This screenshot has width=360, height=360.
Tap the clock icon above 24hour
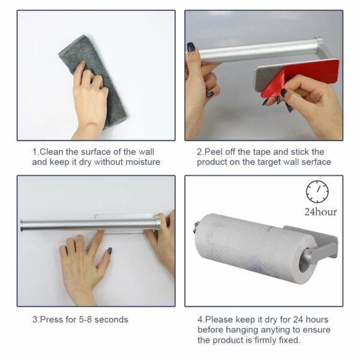point(317,192)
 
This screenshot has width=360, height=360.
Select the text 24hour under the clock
point(320,212)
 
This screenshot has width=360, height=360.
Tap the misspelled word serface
point(316,162)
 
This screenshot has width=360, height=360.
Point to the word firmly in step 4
point(265,340)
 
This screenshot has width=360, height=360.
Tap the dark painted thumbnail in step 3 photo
point(110,250)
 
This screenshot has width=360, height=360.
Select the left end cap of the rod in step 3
point(22,226)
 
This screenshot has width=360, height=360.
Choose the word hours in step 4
point(317,319)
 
